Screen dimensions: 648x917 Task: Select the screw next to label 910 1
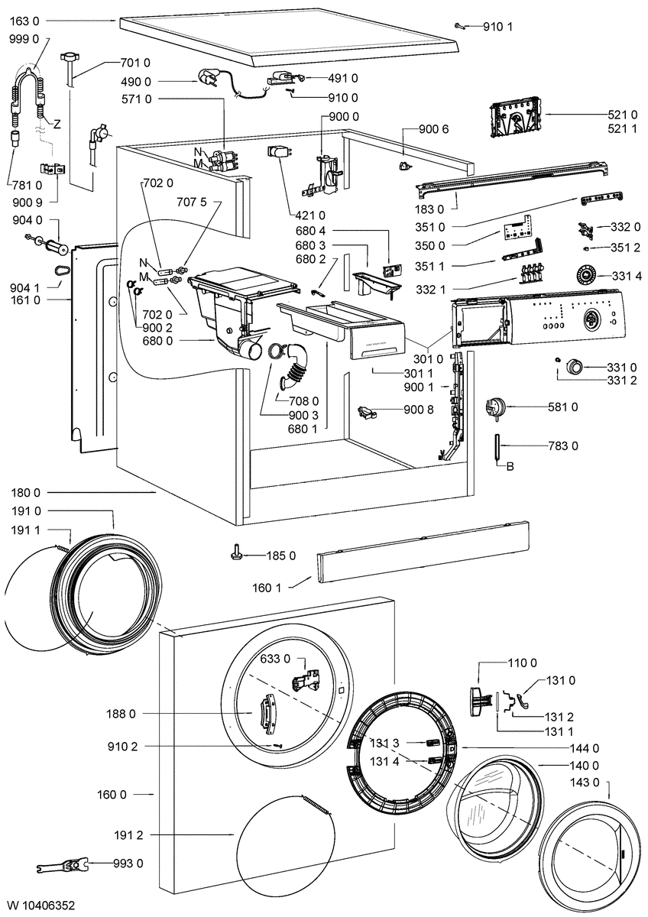point(460,27)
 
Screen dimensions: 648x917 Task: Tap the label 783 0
point(563,446)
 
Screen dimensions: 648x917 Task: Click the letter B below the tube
point(510,467)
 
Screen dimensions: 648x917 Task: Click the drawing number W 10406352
point(41,905)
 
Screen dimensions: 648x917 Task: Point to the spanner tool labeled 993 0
point(64,865)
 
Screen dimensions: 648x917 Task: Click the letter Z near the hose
point(57,124)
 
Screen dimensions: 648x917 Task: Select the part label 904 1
point(25,288)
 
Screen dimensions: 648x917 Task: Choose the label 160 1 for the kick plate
point(267,588)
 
